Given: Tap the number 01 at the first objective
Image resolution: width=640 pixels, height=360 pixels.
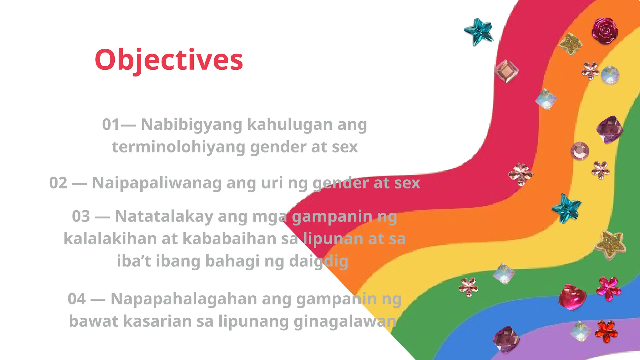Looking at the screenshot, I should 111,124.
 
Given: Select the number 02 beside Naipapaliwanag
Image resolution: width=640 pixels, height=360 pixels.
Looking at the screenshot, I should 58,183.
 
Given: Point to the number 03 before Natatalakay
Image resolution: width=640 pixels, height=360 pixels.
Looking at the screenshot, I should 81,216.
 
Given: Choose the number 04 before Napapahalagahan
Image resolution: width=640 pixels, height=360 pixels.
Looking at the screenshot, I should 77,299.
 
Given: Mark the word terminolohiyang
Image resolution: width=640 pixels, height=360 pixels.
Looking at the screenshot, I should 178,147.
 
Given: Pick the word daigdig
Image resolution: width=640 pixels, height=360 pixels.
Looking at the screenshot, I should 318,261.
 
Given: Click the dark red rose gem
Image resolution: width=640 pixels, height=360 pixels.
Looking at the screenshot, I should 605,31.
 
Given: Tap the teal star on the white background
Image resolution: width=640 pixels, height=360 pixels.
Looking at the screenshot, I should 478,32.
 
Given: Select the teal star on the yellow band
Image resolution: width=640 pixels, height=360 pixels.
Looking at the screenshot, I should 566,208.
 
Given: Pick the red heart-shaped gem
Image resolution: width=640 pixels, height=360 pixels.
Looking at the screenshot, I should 572,297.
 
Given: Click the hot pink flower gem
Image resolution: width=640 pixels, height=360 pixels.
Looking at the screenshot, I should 608,289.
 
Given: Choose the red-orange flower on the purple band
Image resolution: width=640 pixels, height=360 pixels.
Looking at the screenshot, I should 606,331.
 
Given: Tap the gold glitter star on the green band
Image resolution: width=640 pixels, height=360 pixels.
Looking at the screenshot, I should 610,245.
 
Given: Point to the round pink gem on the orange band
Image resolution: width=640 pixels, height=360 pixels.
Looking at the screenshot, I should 580,151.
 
